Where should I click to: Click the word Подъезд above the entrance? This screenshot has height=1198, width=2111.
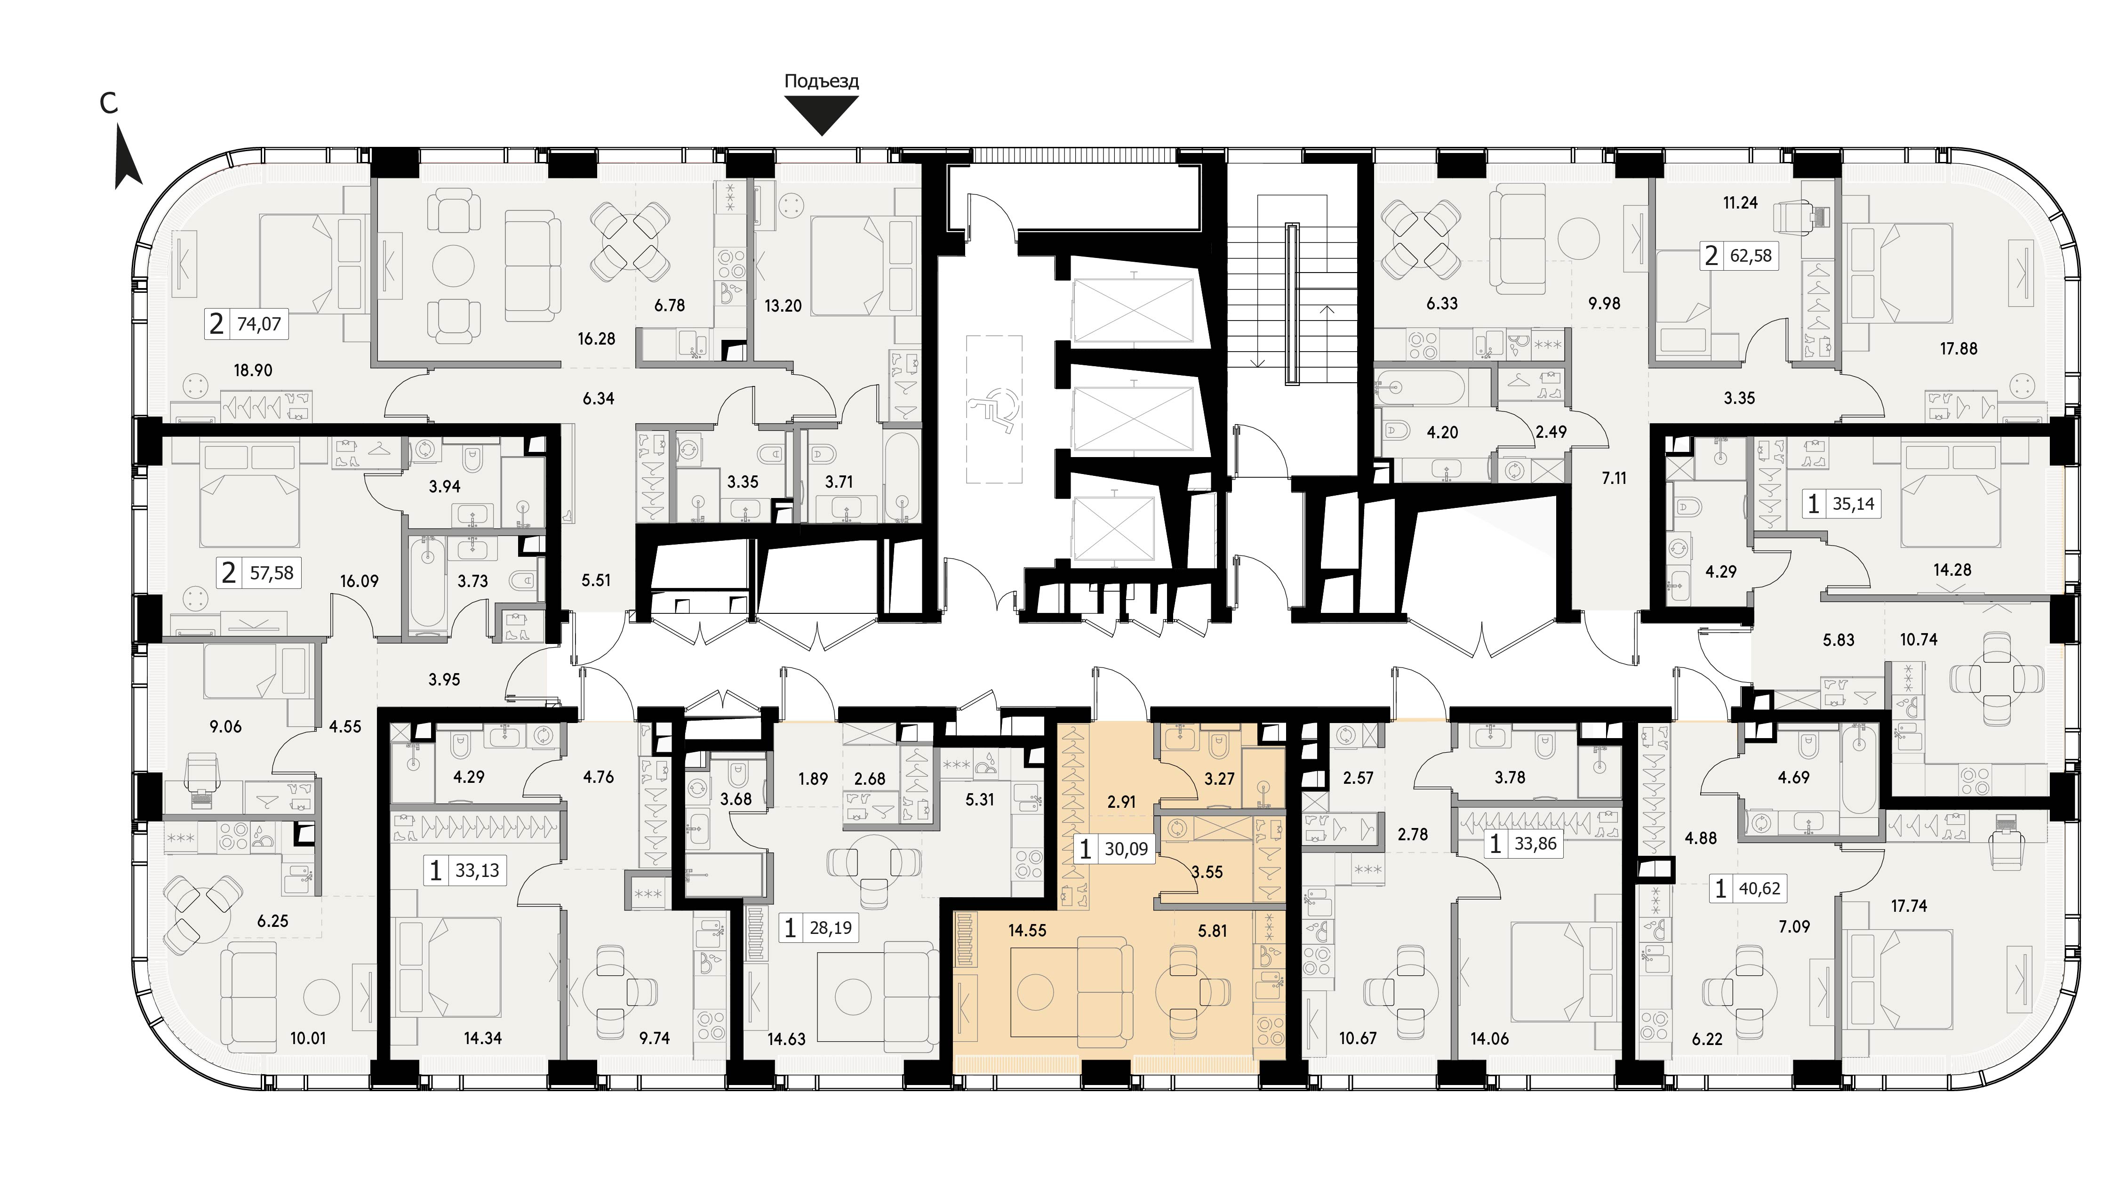click(822, 81)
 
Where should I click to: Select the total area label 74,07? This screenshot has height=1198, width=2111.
click(259, 324)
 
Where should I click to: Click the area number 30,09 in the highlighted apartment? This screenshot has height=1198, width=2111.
click(1126, 849)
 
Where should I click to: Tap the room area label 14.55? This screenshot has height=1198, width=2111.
click(1027, 931)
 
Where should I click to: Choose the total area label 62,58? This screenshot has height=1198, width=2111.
click(1751, 256)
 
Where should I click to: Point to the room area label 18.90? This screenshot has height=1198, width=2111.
click(253, 370)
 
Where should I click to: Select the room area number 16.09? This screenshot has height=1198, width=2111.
click(360, 581)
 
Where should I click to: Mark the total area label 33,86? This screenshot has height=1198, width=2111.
click(1535, 844)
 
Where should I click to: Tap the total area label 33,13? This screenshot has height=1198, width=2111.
click(477, 870)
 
